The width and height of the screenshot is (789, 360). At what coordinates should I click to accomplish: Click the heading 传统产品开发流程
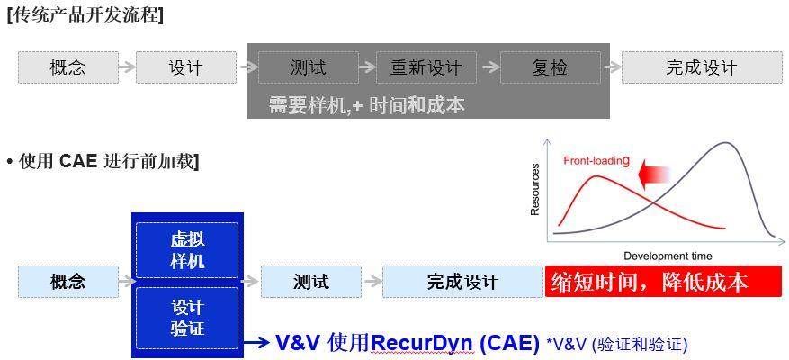click(x=85, y=15)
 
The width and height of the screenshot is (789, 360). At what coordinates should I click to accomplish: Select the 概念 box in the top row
click(x=68, y=67)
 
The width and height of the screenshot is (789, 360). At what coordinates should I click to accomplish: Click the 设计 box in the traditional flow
click(x=185, y=67)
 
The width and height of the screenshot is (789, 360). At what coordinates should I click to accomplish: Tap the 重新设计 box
click(x=426, y=67)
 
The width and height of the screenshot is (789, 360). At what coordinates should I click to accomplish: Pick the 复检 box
click(x=550, y=67)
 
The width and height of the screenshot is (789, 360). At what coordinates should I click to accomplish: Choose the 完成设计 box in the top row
click(x=701, y=67)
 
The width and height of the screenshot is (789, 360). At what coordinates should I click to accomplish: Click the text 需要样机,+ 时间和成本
click(x=366, y=104)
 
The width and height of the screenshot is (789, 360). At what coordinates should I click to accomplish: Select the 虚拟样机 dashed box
click(x=187, y=250)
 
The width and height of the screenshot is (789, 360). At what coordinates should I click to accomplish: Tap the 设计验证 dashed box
click(x=187, y=318)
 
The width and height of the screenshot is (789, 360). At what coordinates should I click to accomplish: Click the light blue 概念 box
click(x=68, y=282)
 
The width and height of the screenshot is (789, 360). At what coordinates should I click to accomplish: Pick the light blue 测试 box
click(x=310, y=282)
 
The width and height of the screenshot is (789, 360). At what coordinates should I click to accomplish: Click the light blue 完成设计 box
click(x=462, y=282)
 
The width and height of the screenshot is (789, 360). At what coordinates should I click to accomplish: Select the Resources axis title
click(x=535, y=189)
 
